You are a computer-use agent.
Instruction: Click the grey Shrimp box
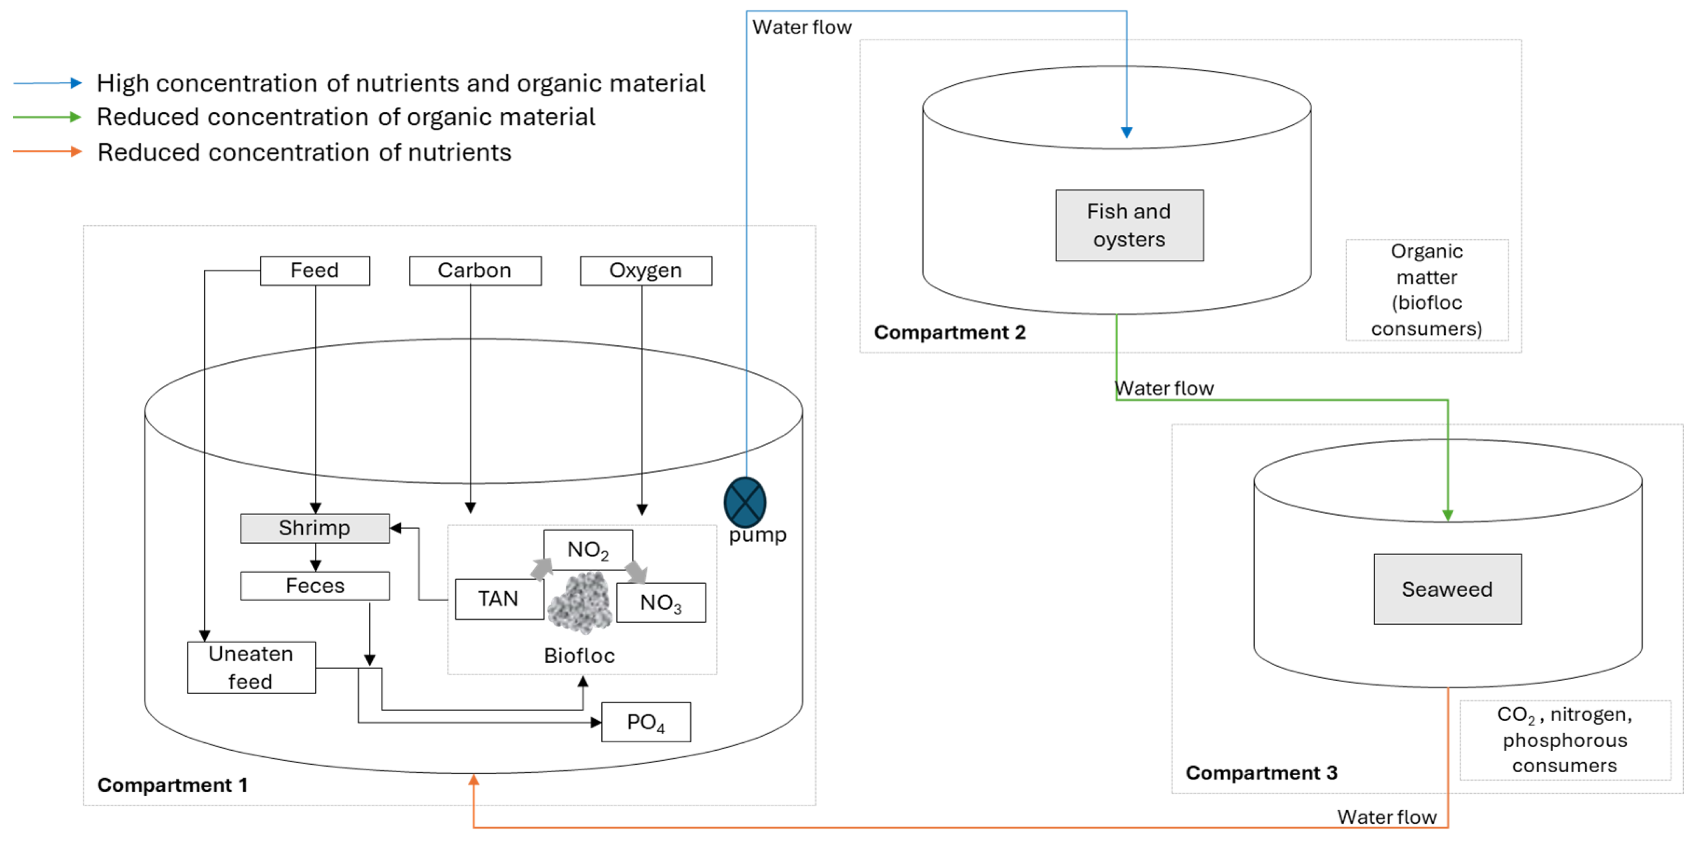coord(315,528)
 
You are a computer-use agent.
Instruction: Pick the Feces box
coord(315,585)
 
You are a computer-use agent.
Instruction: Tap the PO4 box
coord(646,722)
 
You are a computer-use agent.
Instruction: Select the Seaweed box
coord(1447,589)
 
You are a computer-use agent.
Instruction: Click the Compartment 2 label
coord(950,332)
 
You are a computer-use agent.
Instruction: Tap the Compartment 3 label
coord(1261,773)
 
